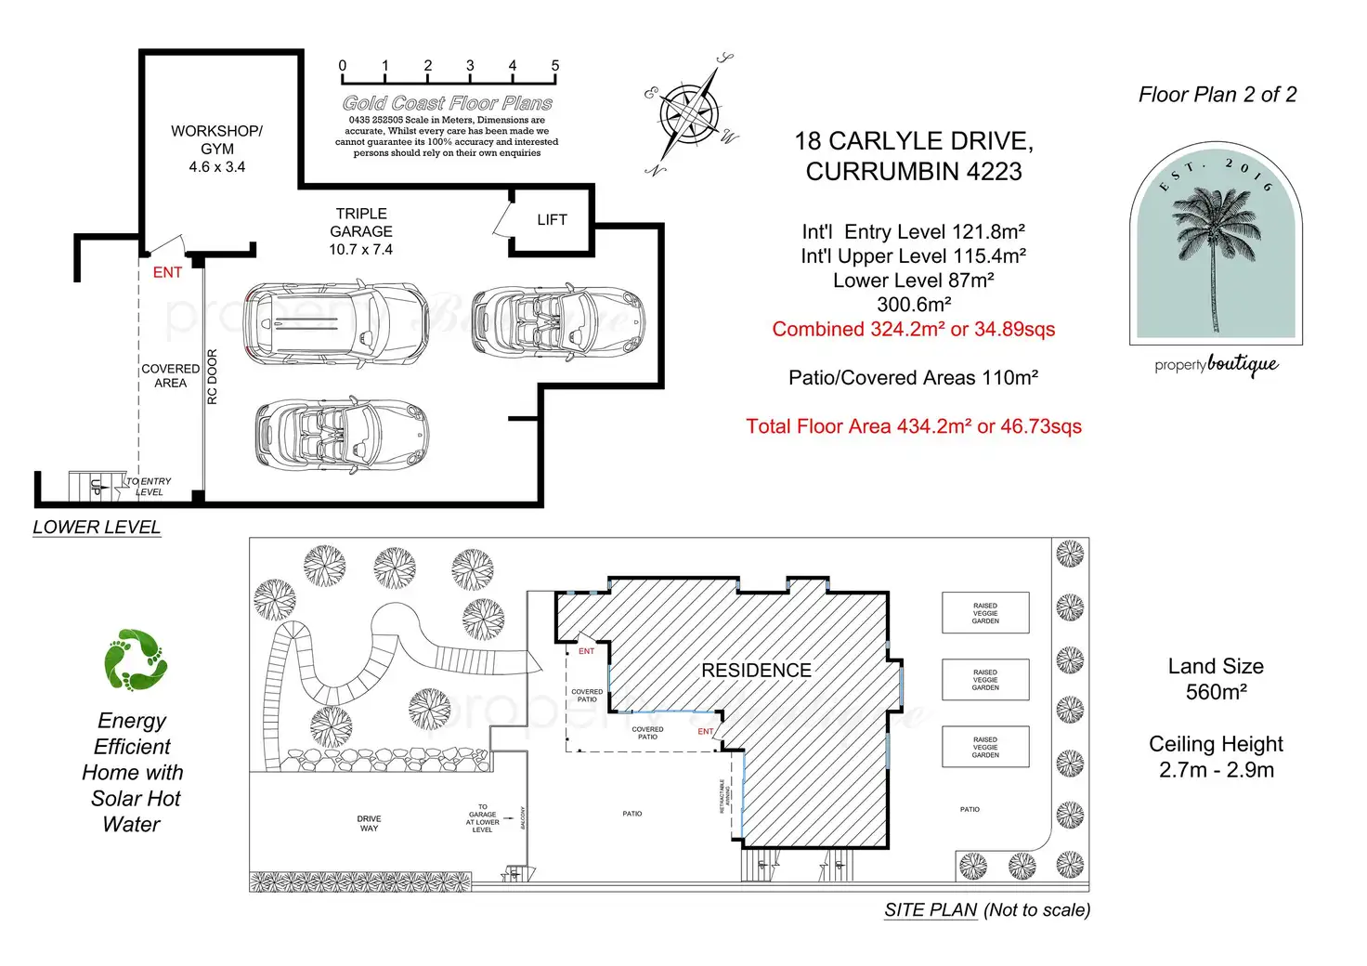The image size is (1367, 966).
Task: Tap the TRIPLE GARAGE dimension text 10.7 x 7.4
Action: point(360,250)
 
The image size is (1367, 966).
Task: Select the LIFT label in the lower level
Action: point(552,220)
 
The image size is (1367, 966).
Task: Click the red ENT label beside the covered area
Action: point(167,272)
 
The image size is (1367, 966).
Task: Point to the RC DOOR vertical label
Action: point(212,376)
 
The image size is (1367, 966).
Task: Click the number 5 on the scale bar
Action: point(555,66)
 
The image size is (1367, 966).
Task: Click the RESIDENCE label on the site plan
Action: point(756,671)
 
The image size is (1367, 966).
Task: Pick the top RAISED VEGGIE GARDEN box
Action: point(985,613)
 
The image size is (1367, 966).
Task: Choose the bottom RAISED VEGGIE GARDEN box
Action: point(985,747)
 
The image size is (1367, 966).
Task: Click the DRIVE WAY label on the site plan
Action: point(369,824)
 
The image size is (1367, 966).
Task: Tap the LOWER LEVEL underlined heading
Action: point(97,527)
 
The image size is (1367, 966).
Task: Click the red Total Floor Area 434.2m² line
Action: point(914,426)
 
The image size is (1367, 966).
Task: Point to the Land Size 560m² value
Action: point(1216,692)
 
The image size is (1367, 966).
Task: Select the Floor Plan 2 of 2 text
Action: point(1217,95)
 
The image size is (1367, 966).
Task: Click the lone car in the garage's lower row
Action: point(342,435)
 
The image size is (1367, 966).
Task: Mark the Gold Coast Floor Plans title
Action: point(448,103)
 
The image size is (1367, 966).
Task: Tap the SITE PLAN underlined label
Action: point(931,910)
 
